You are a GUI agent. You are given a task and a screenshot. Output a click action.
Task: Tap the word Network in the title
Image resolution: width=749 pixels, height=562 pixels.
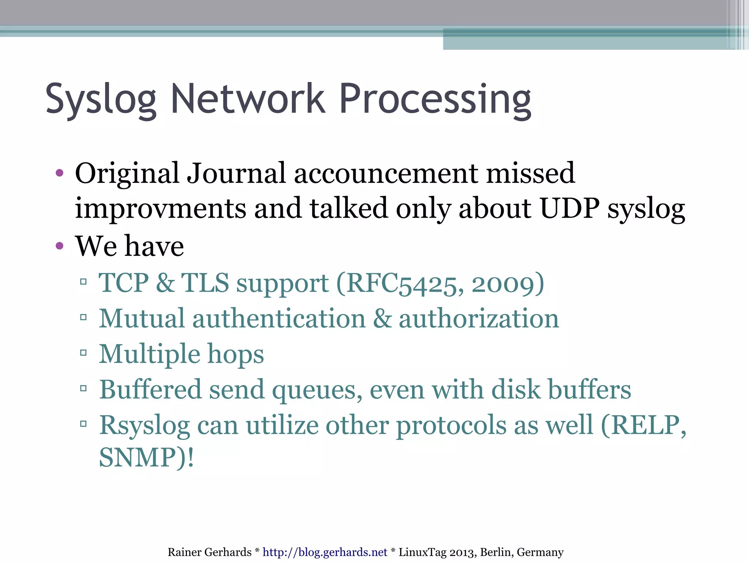click(248, 99)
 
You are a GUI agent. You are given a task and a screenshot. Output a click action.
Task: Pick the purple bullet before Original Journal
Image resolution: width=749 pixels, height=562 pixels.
click(60, 173)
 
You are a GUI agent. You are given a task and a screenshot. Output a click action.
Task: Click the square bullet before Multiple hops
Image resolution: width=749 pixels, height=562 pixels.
click(83, 353)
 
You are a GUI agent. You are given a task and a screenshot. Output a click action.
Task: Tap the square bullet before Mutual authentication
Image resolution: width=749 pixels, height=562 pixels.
click(83, 317)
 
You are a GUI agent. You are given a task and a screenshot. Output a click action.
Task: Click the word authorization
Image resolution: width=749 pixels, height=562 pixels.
click(479, 318)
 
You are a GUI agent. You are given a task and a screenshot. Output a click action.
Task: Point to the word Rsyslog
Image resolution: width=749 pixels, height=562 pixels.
click(144, 426)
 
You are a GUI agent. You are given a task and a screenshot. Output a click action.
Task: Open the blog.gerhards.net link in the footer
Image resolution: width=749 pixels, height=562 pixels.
click(325, 552)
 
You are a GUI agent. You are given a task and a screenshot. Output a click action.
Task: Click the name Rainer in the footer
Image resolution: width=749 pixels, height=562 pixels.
click(183, 552)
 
